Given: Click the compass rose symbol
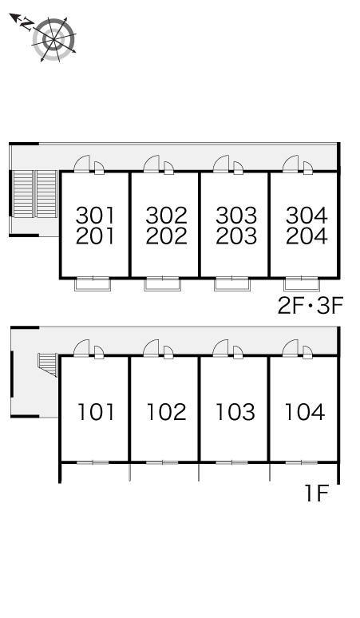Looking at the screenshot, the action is pos(54,39).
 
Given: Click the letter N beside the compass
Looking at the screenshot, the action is pos(27,25).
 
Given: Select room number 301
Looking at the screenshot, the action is pos(95,216).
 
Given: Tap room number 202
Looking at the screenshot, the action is pos(166,236).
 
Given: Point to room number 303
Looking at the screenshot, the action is pos(236,216).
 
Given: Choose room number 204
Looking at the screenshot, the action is pos(307,236).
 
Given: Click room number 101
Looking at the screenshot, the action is pos(96,412).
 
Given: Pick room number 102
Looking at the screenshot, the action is pos(166,412).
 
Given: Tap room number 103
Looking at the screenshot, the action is pos(235,412).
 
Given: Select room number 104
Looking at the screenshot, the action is pos(305,412).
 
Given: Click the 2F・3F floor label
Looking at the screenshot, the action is pos(311,306).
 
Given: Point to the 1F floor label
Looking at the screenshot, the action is pos(317,493).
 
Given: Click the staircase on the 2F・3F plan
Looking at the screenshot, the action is pos(34,194).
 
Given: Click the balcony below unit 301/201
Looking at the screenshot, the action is pos(93,283).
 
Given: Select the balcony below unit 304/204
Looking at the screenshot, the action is pos(302,283).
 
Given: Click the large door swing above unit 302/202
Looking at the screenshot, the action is pos(151,164).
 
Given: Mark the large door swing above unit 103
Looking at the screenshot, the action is pos(220,348).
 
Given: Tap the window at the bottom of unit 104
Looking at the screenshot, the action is pos(301,462).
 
